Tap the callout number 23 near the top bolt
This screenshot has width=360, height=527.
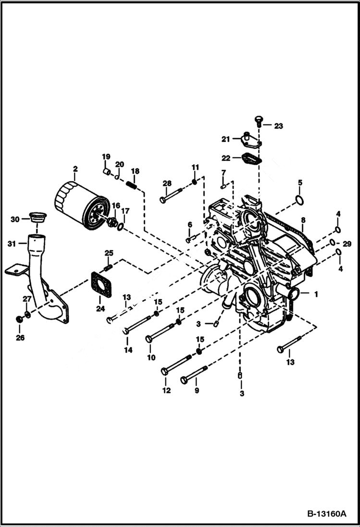(279, 126)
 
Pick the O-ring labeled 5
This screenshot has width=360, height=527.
(299, 200)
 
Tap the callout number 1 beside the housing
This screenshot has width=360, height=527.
(316, 293)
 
